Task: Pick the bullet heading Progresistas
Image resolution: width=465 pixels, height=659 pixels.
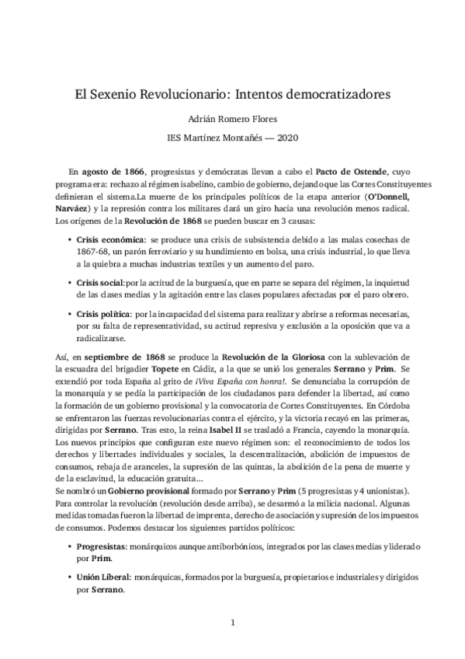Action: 103,546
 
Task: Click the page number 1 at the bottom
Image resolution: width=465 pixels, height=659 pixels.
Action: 232,622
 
